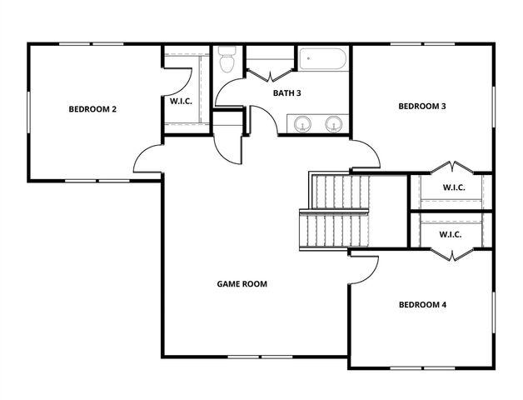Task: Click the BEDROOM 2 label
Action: click(92, 109)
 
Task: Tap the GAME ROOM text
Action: click(242, 284)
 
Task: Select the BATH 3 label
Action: click(286, 92)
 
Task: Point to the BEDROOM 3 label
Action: click(422, 106)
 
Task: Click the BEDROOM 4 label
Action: click(422, 305)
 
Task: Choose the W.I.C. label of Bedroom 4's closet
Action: click(451, 234)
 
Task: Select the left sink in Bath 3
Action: click(301, 123)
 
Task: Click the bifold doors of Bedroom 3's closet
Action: click(451, 167)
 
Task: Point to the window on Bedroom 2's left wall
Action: click(29, 110)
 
